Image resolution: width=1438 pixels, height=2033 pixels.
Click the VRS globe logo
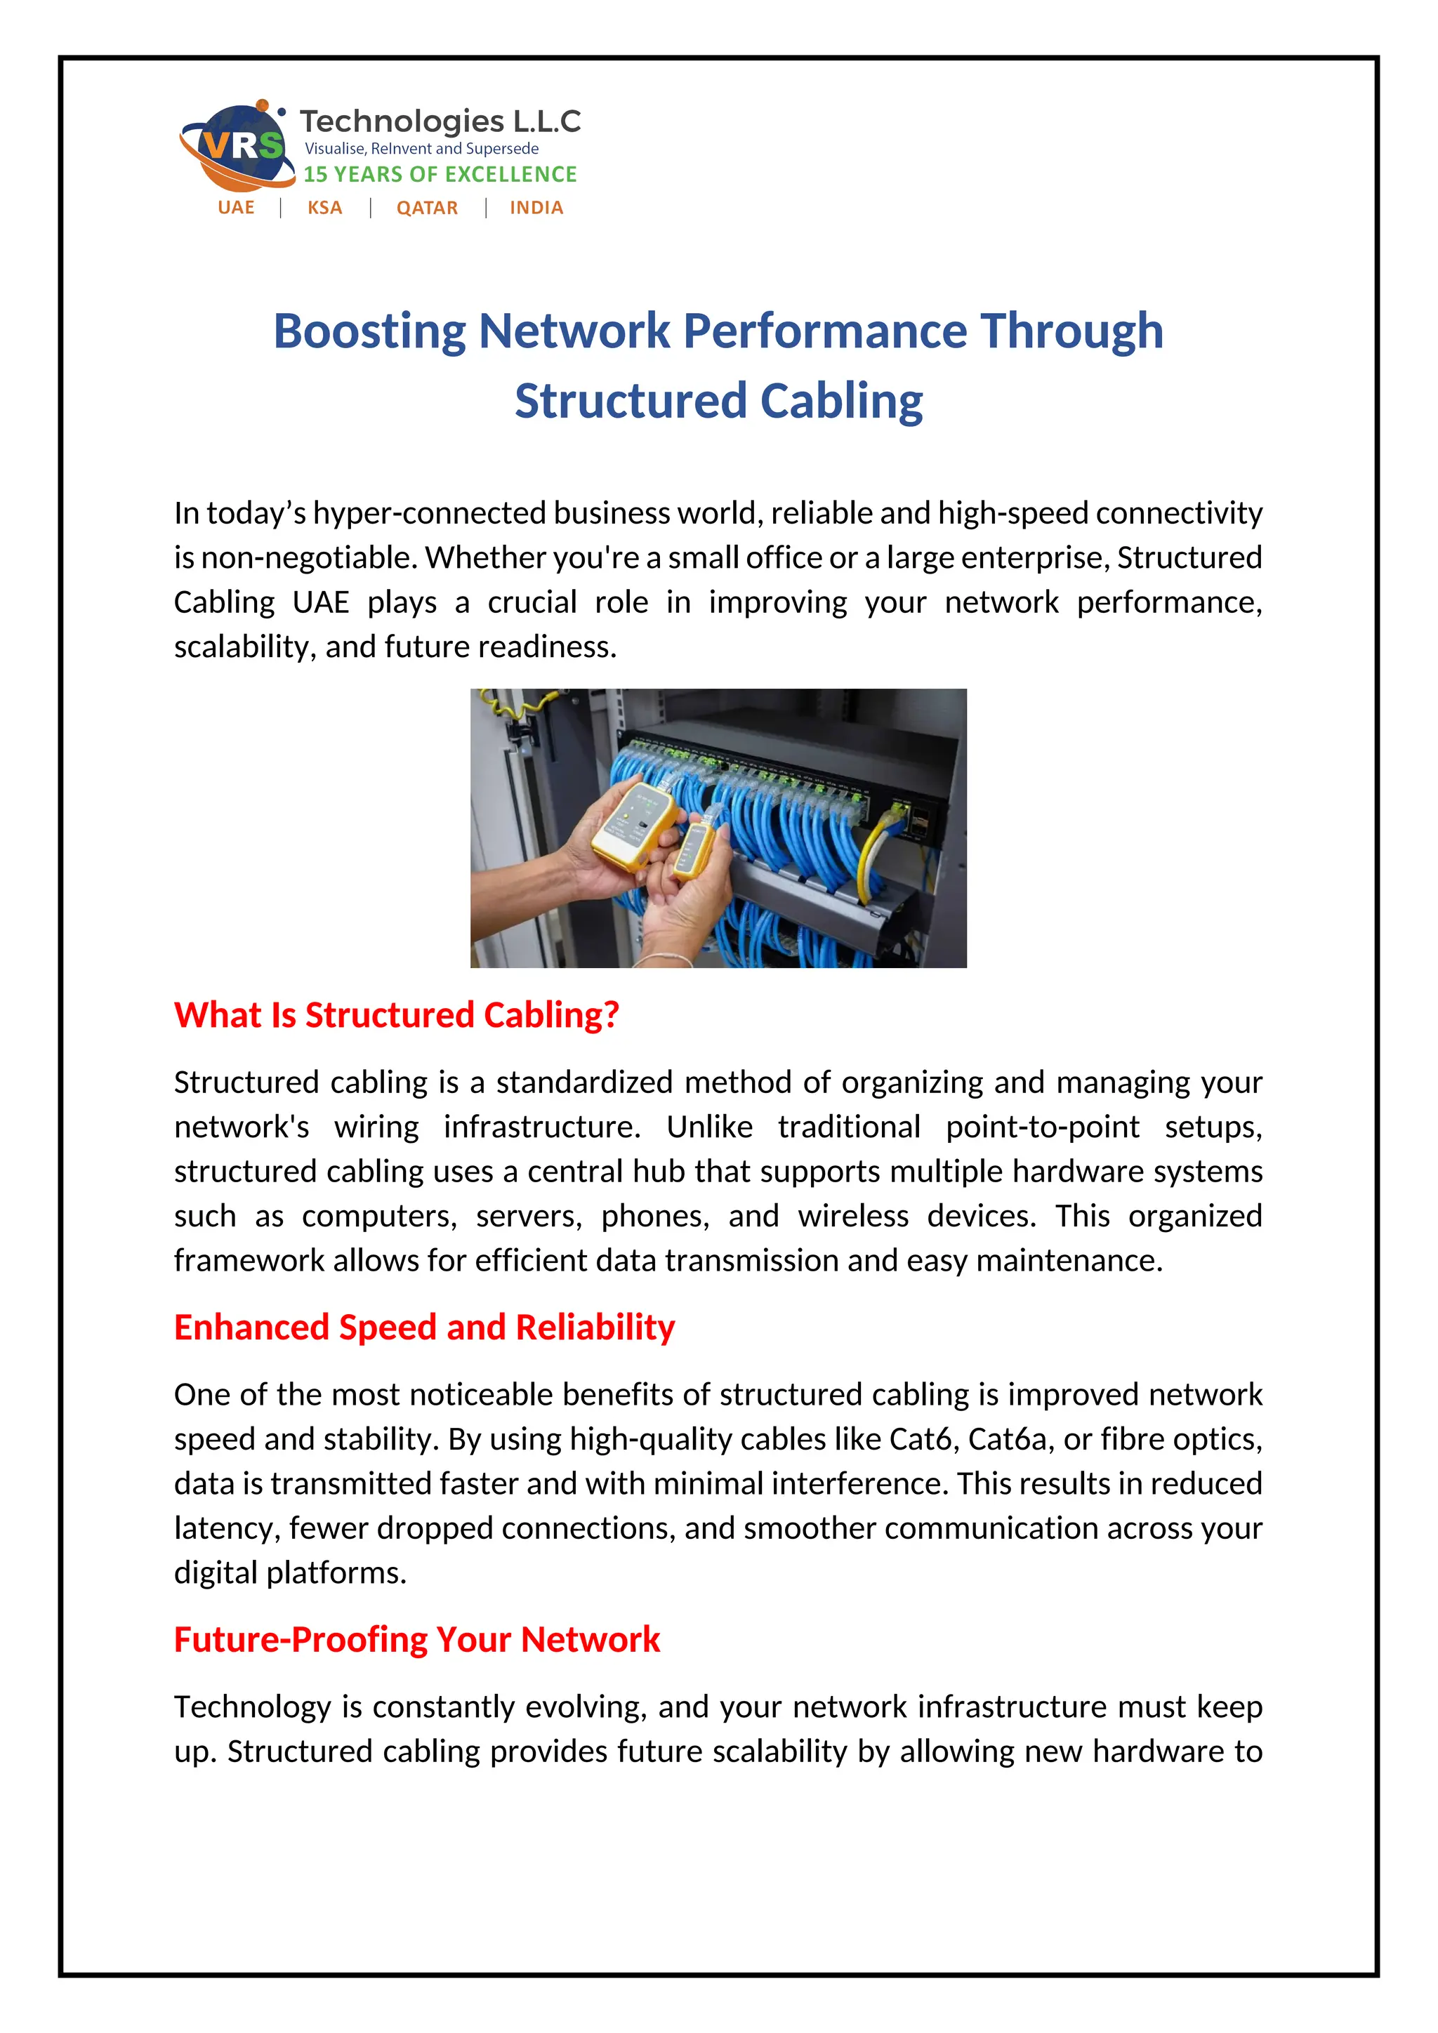237,145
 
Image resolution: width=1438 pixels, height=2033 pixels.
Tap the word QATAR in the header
427,208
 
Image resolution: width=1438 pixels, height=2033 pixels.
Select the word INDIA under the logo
536,208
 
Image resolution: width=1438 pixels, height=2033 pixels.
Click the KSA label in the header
325,208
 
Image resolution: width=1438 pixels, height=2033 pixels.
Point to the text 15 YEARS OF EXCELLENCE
440,174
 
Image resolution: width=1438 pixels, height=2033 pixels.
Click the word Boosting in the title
369,331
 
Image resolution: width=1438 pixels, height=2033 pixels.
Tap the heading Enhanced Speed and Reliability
424,1327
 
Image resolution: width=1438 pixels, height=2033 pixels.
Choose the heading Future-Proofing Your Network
416,1640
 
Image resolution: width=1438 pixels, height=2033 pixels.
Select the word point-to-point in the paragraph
1042,1127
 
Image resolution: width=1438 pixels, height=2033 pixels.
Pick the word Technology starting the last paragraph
251,1707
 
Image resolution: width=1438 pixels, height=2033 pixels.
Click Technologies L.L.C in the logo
440,121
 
